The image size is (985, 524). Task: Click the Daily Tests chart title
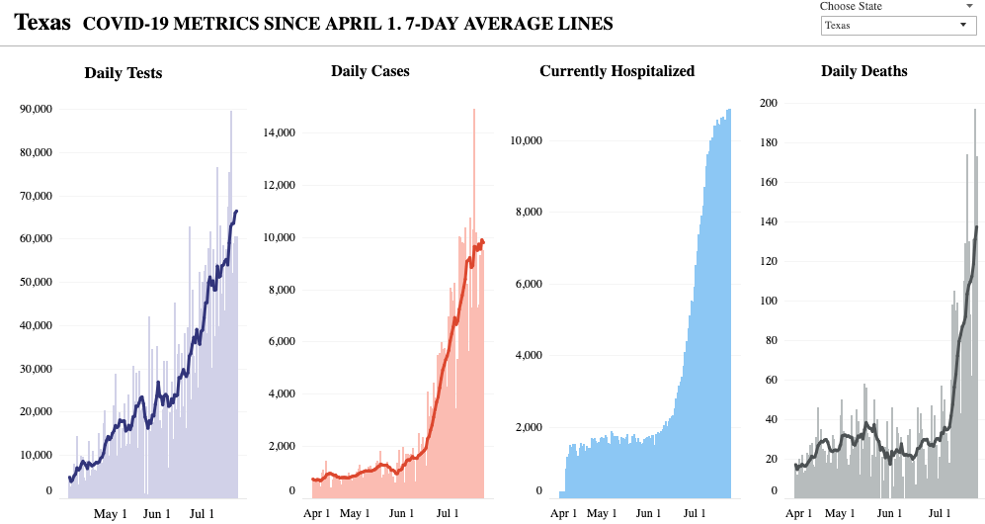123,72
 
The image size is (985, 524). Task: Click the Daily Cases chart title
370,71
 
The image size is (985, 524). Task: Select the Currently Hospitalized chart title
617,71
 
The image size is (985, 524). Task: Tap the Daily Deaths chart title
864,71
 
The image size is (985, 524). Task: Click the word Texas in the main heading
42,23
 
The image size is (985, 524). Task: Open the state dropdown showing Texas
899,26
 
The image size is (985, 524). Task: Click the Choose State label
851,6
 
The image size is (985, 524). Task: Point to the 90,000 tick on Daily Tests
36,109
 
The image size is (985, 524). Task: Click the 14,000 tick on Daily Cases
281,132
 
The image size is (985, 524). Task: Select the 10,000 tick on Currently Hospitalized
526,140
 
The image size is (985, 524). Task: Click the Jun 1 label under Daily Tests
157,514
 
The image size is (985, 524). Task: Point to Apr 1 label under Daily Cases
317,514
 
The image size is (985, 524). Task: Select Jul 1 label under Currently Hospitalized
695,514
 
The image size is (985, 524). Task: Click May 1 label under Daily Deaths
840,514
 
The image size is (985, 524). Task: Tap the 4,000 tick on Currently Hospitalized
528,356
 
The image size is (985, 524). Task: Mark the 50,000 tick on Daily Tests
36,282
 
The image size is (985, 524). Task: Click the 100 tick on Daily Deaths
769,301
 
